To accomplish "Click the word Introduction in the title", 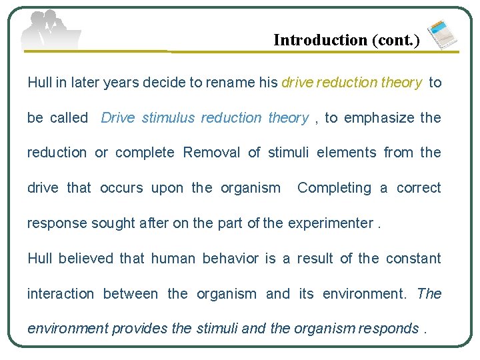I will pos(320,40).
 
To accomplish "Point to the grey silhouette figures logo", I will pos(50,31).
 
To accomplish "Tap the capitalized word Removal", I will pos(212,153).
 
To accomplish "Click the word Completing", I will pos(334,188).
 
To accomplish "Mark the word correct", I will pos(419,188).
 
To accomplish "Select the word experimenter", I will pos(330,223).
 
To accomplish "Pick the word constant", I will pos(413,259).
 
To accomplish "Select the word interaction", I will pos(60,294).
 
